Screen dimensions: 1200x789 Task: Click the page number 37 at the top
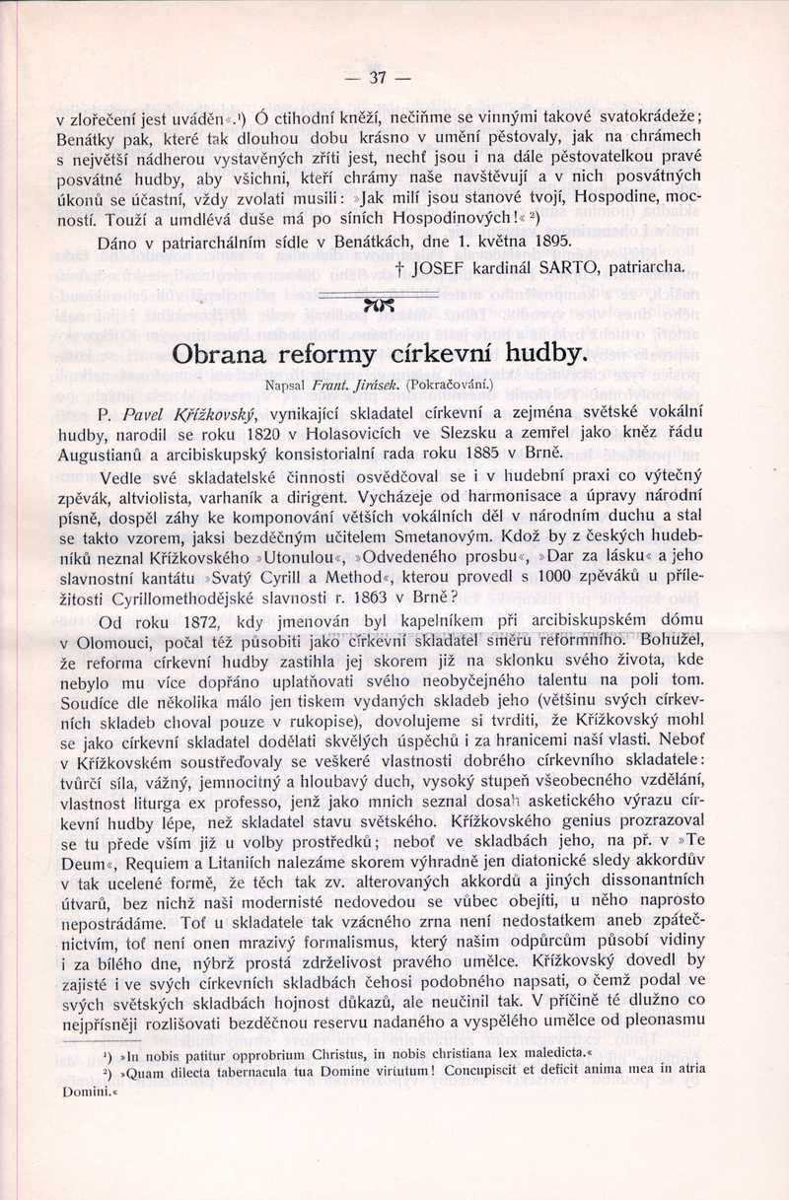[376, 78]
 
